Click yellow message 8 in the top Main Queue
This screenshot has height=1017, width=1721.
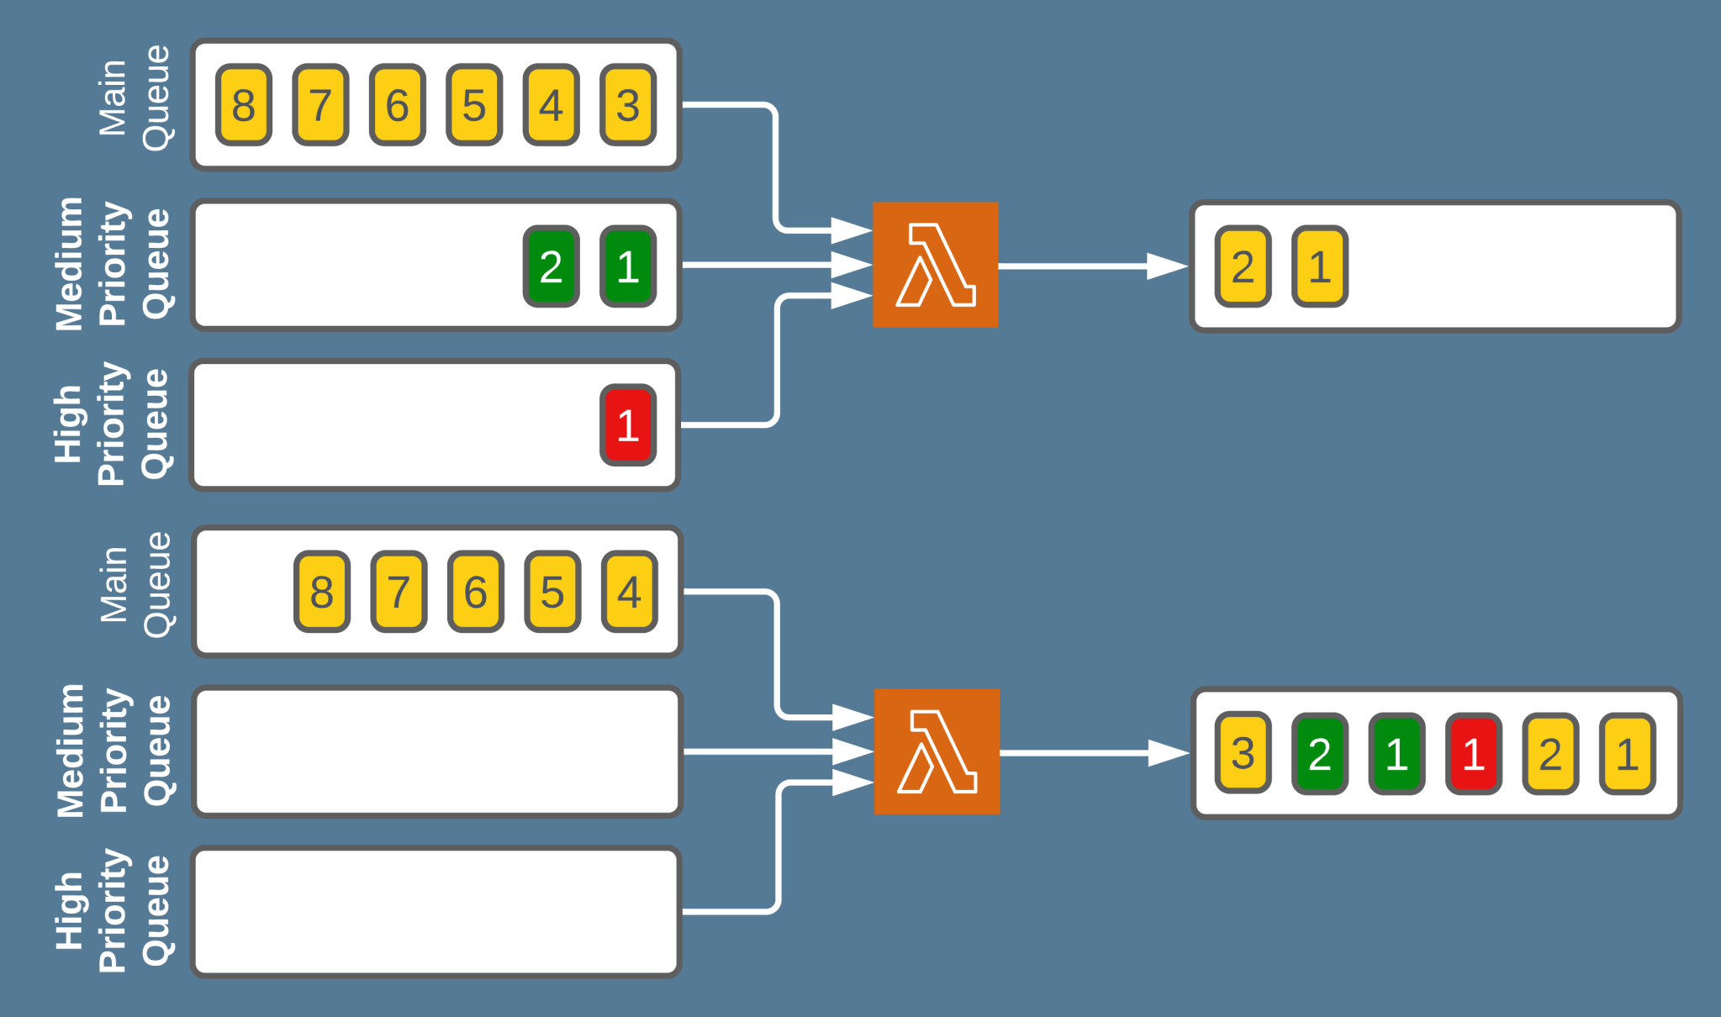244,105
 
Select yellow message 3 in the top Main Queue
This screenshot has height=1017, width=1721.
628,105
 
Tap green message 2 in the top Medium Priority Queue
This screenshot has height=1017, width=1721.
551,266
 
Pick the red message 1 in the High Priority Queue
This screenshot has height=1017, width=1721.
628,425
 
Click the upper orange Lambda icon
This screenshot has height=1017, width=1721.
935,265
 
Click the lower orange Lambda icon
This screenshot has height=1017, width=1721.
937,751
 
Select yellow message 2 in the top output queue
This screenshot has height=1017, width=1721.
1243,266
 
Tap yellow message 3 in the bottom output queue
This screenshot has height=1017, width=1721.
1243,753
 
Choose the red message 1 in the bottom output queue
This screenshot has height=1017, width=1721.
1473,753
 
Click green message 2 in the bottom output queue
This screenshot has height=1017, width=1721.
1319,753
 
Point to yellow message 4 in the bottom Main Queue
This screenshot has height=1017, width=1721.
629,592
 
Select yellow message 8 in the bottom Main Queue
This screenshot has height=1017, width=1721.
321,592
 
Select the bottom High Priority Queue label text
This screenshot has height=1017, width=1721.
113,910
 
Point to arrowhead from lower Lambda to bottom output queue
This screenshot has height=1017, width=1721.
1169,753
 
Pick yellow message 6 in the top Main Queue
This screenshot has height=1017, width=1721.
398,105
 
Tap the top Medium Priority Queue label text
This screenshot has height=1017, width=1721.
113,265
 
